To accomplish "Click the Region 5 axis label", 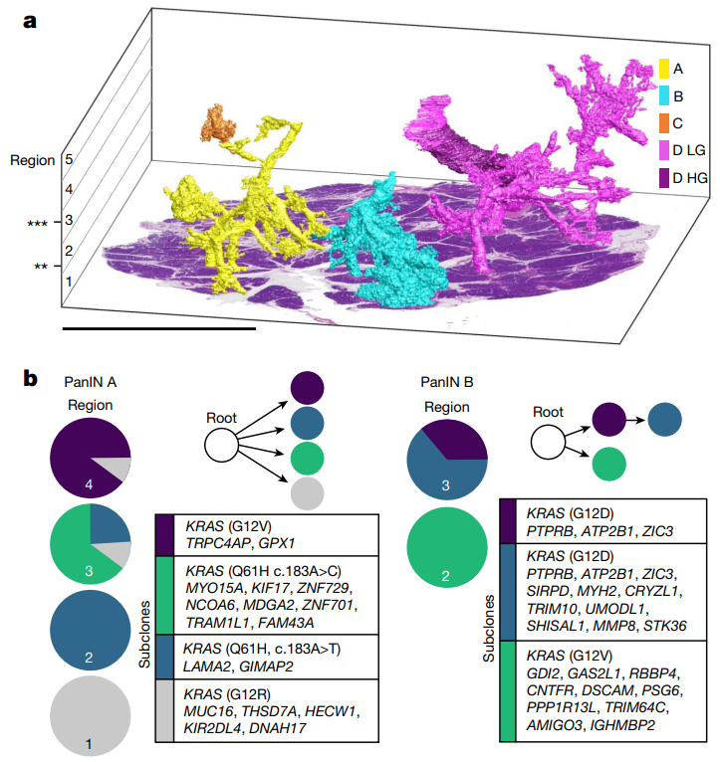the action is [68, 159].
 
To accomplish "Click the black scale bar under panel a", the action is [158, 325].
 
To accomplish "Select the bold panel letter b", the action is [32, 379].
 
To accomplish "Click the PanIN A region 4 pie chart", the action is [90, 458].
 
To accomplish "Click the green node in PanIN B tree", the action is [607, 464].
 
